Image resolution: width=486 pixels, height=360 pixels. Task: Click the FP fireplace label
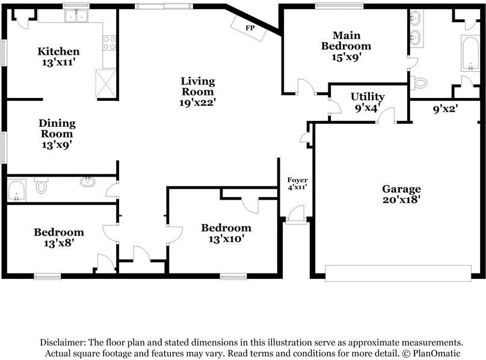(x=250, y=28)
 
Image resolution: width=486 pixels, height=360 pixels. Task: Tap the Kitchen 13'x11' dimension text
(x=58, y=63)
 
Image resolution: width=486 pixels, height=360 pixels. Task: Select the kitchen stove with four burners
(x=109, y=43)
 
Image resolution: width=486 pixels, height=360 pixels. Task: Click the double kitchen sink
(x=76, y=16)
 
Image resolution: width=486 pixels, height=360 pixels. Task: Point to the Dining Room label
(x=57, y=129)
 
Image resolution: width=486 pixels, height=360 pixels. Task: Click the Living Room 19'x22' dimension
(x=197, y=103)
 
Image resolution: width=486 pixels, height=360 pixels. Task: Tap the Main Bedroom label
(x=346, y=41)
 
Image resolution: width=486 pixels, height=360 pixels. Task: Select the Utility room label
(x=368, y=97)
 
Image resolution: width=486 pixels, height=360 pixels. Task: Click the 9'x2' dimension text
(x=445, y=109)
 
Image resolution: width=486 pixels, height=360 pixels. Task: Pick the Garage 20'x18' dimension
(x=401, y=200)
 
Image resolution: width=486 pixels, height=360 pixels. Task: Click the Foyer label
(x=298, y=180)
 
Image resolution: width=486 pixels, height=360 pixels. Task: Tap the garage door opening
(x=398, y=273)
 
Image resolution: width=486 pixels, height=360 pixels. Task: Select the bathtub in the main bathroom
(x=470, y=53)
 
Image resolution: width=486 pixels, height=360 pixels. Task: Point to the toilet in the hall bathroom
(x=42, y=185)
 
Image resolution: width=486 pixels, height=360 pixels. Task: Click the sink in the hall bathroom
(x=88, y=182)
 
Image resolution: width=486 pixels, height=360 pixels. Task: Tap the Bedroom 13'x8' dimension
(x=58, y=243)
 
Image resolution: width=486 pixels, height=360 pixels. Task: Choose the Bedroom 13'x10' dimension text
(x=226, y=239)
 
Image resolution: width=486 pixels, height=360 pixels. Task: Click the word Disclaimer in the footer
(x=63, y=343)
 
